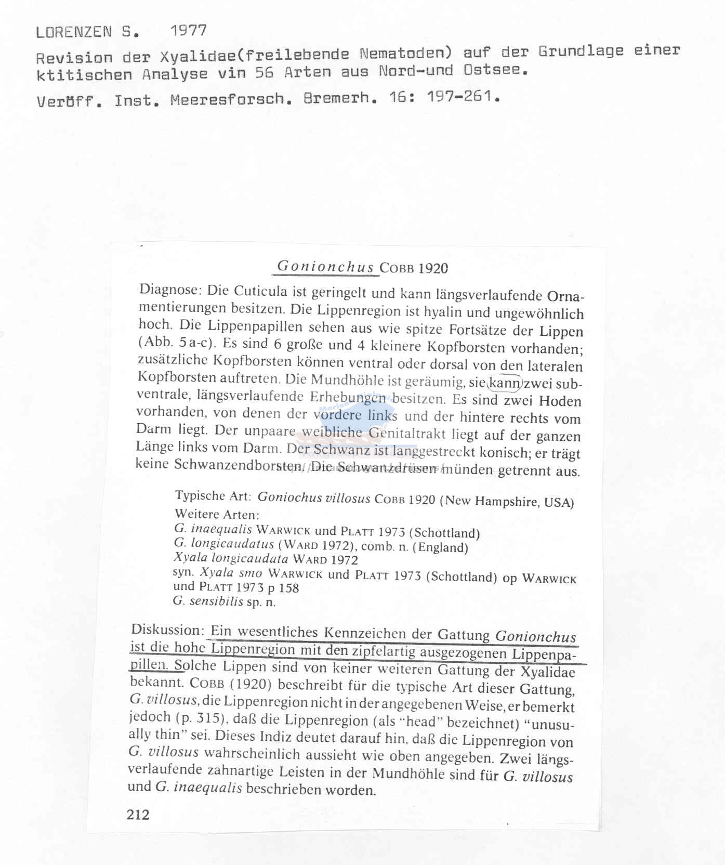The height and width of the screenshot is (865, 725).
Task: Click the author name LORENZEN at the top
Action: [73, 32]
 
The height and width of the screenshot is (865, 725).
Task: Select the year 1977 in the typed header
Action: [188, 31]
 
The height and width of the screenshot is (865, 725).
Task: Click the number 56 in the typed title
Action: [264, 73]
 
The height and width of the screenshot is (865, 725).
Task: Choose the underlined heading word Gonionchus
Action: [325, 267]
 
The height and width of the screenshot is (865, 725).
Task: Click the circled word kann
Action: [504, 384]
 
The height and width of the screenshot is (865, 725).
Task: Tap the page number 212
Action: [138, 814]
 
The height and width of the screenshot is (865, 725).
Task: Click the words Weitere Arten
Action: [216, 515]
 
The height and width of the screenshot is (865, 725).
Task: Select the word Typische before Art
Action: [200, 495]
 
